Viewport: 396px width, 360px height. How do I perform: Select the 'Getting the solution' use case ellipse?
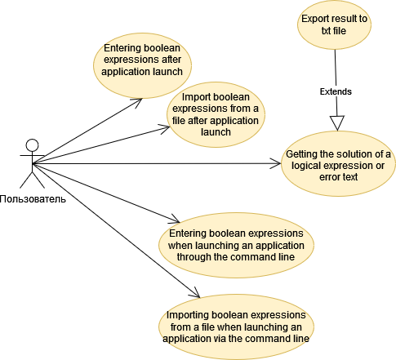338,166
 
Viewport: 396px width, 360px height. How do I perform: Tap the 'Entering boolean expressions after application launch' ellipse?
144,60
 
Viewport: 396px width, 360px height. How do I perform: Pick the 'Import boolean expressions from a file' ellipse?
214,115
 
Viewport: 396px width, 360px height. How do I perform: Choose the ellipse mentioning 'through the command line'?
234,244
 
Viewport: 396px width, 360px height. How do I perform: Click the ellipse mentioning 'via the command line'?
235,327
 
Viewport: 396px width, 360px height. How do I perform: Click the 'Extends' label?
335,91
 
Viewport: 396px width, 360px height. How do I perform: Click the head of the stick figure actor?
33,147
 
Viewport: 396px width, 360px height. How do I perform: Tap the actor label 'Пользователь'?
33,198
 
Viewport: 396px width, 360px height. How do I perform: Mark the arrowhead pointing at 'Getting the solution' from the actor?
276,164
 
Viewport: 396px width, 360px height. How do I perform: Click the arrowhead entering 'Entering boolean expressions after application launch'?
140,101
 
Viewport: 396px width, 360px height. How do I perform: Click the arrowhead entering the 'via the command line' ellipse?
196,295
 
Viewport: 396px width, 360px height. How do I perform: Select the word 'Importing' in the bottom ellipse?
188,314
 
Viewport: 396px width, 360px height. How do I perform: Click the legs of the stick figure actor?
33,181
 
